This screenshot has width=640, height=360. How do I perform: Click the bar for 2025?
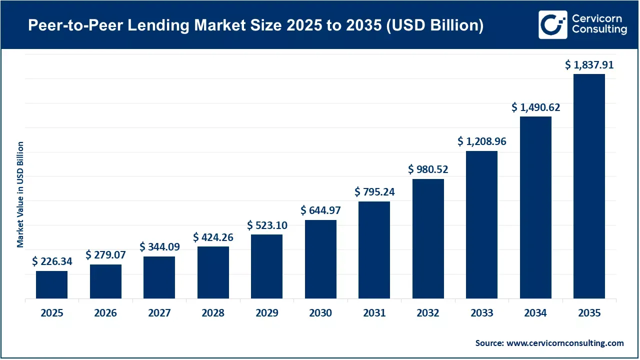pyautogui.click(x=51, y=284)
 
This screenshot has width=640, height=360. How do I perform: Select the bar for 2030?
pyautogui.click(x=320, y=259)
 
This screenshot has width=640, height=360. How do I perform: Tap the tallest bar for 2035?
pyautogui.click(x=589, y=186)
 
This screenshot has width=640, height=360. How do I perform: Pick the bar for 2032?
pyautogui.click(x=428, y=238)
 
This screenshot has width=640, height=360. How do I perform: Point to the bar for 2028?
pyautogui.click(x=213, y=272)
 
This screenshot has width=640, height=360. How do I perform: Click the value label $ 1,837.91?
pyautogui.click(x=589, y=64)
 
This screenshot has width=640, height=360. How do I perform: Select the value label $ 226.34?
pyautogui.click(x=51, y=261)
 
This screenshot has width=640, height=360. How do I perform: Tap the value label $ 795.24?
pyautogui.click(x=374, y=191)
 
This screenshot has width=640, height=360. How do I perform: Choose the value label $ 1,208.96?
pyautogui.click(x=481, y=141)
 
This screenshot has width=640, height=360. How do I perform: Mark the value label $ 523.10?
pyautogui.click(x=267, y=225)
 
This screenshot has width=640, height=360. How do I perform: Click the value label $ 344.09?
pyautogui.click(x=159, y=246)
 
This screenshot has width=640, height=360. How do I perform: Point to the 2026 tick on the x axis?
pyautogui.click(x=105, y=313)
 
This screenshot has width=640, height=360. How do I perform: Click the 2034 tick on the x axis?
pyautogui.click(x=535, y=313)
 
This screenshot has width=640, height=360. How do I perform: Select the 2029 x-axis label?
pyautogui.click(x=267, y=313)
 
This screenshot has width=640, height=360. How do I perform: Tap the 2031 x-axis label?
pyautogui.click(x=374, y=313)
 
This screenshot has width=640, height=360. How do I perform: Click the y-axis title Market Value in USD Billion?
pyautogui.click(x=20, y=194)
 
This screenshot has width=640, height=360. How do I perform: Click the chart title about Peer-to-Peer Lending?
pyautogui.click(x=255, y=25)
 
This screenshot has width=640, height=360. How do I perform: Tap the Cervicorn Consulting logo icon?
pyautogui.click(x=552, y=24)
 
